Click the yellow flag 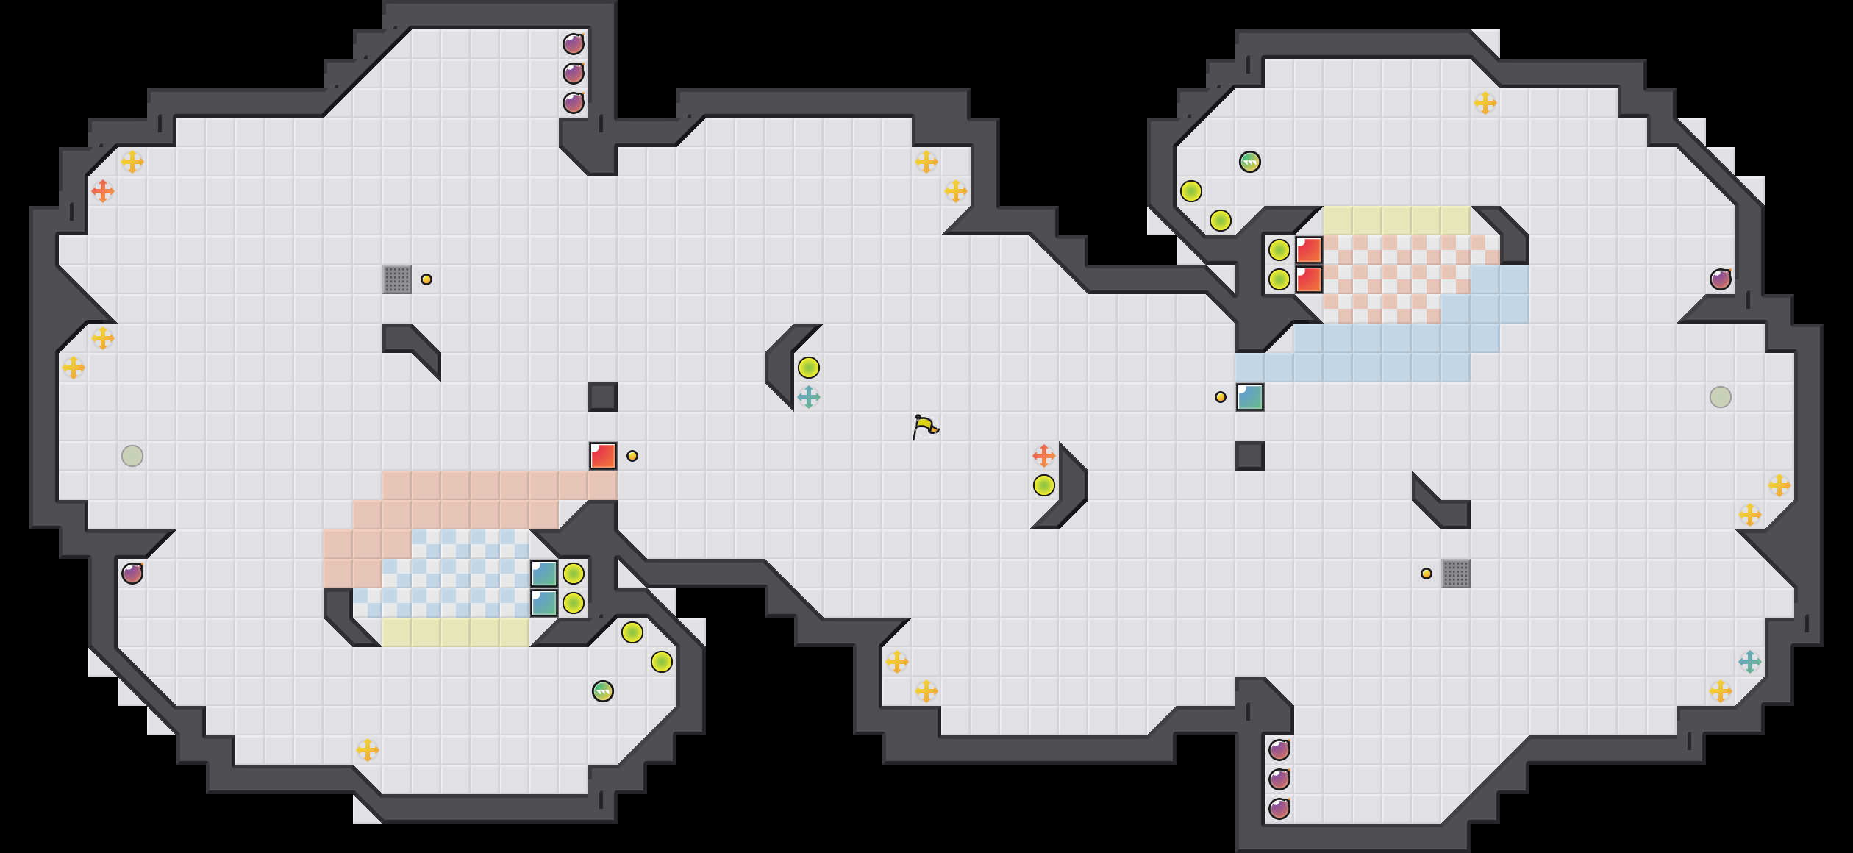pyautogui.click(x=925, y=426)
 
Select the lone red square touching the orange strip pyautogui.click(x=603, y=456)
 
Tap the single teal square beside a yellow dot pyautogui.click(x=1250, y=397)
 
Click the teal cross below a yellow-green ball pyautogui.click(x=809, y=397)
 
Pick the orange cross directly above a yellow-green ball pyautogui.click(x=1044, y=456)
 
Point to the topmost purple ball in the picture pyautogui.click(x=574, y=44)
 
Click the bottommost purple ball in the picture pyautogui.click(x=1279, y=809)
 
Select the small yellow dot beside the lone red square pyautogui.click(x=632, y=456)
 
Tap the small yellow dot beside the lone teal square pyautogui.click(x=1221, y=397)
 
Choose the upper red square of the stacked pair pyautogui.click(x=1309, y=250)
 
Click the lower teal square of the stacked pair pyautogui.click(x=544, y=603)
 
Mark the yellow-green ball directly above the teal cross pyautogui.click(x=809, y=368)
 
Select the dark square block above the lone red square pyautogui.click(x=603, y=397)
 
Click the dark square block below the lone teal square pyautogui.click(x=1250, y=456)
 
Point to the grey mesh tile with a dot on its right pyautogui.click(x=397, y=279)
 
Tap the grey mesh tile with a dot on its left pyautogui.click(x=1456, y=574)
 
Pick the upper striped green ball pyautogui.click(x=1250, y=162)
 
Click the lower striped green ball pyautogui.click(x=603, y=691)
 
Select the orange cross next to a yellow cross pyautogui.click(x=103, y=191)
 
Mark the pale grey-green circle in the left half pyautogui.click(x=132, y=456)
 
